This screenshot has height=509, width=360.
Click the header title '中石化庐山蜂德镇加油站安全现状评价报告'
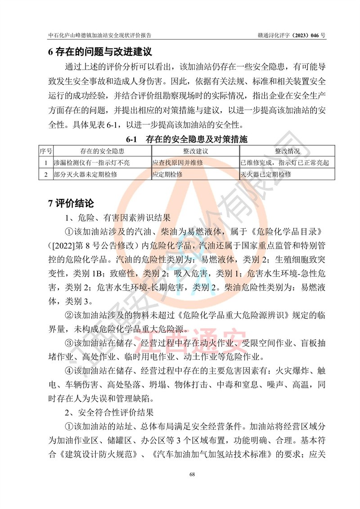pos(100,35)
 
